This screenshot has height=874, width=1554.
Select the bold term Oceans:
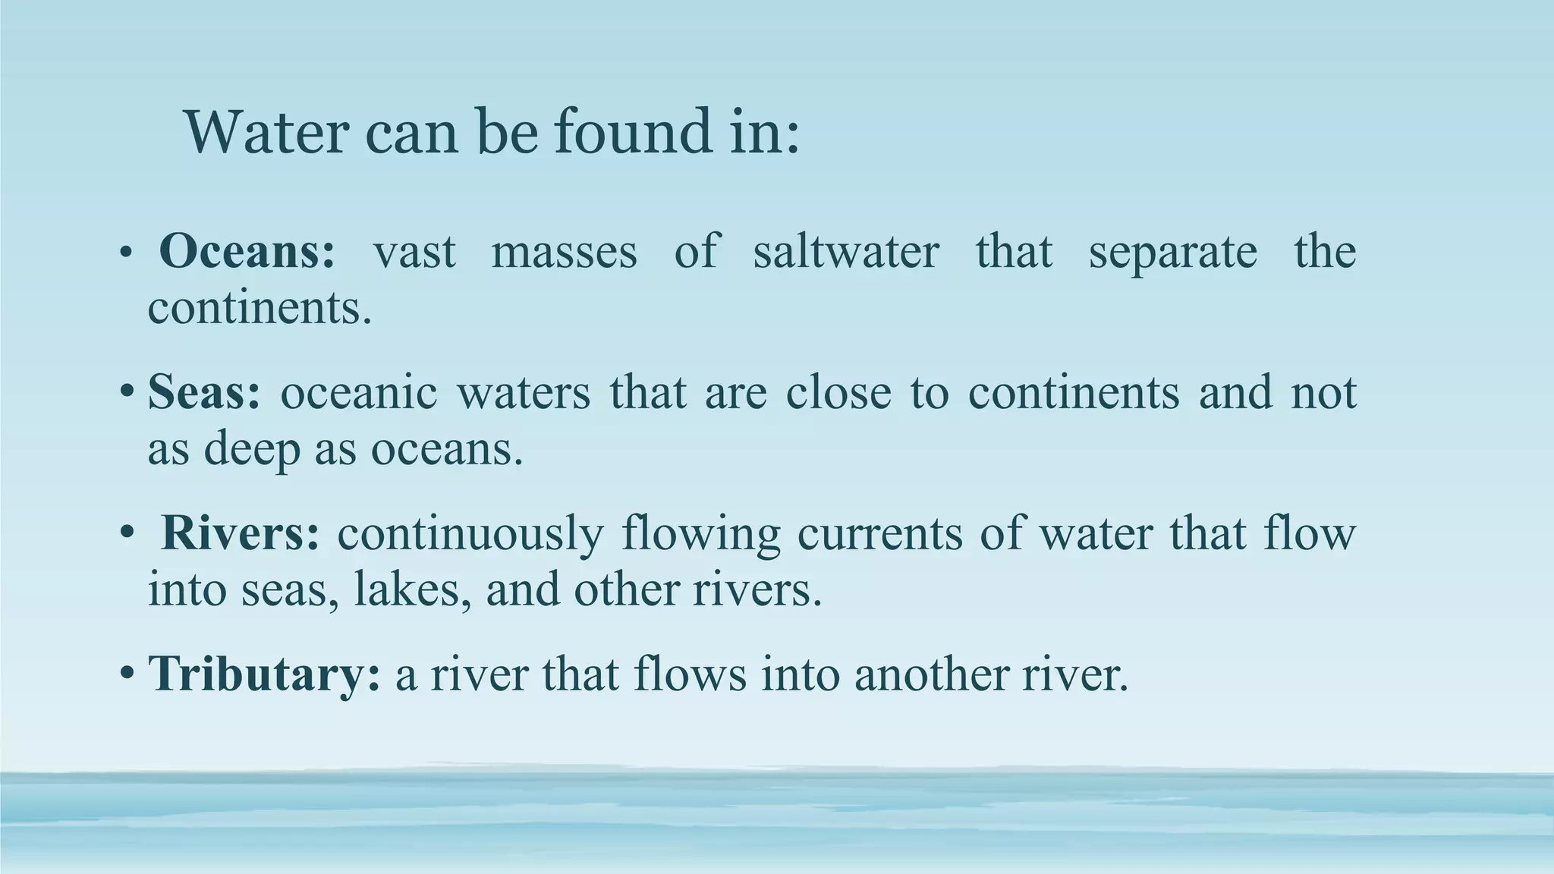[x=247, y=251]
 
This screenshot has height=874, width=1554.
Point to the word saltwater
[x=846, y=251]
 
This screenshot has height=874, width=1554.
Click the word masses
[x=564, y=251]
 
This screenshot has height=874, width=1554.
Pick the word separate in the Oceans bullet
[x=1172, y=251]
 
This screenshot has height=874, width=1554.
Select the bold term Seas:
[x=204, y=391]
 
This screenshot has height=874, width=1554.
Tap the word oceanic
[x=359, y=391]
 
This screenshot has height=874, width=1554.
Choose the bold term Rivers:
[x=241, y=533]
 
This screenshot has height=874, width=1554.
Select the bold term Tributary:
[x=264, y=673]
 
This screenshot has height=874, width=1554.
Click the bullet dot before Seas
[x=127, y=393]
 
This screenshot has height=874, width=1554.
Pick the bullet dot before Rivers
[x=127, y=534]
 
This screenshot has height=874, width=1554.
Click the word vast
[x=414, y=251]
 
